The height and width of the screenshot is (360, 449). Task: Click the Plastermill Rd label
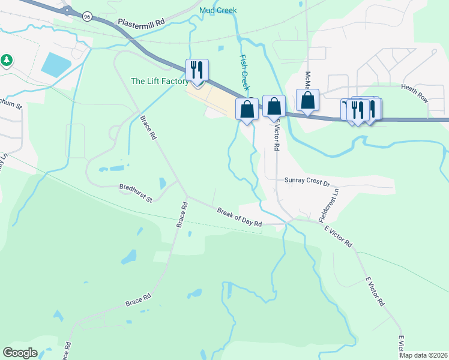pyautogui.click(x=141, y=22)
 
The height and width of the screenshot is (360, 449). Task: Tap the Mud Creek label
pyautogui.click(x=218, y=10)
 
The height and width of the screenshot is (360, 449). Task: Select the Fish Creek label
pyautogui.click(x=244, y=68)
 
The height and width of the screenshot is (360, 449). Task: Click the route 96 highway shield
pyautogui.click(x=87, y=17)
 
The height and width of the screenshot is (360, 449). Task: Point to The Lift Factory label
pyautogui.click(x=160, y=82)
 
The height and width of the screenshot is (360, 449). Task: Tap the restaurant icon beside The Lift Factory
pyautogui.click(x=196, y=70)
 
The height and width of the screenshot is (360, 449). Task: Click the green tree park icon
pyautogui.click(x=7, y=60)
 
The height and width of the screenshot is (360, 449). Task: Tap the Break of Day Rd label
pyautogui.click(x=240, y=217)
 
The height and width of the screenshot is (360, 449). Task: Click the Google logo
pyautogui.click(x=20, y=353)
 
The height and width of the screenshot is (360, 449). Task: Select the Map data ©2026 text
pyautogui.click(x=423, y=355)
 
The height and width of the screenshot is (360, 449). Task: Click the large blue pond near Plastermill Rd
pyautogui.click(x=56, y=64)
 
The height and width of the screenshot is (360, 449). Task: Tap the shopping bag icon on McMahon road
pyautogui.click(x=307, y=100)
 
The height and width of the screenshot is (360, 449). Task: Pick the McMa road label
pyautogui.click(x=307, y=80)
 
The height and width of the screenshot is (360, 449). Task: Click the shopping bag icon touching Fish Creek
pyautogui.click(x=247, y=109)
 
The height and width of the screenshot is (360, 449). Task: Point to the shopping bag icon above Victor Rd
pyautogui.click(x=274, y=107)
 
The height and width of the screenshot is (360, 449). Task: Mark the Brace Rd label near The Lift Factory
pyautogui.click(x=148, y=128)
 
